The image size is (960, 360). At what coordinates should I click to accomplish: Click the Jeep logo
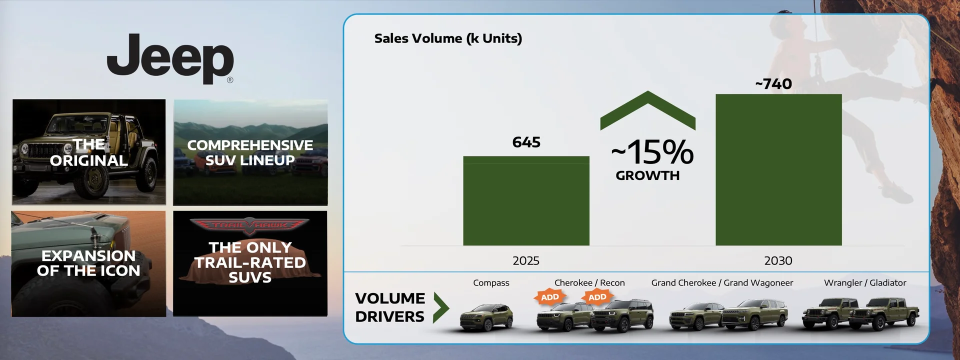(170, 58)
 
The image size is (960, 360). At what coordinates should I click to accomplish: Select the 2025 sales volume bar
(526, 201)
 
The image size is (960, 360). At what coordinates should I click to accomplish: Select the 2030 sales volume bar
(778, 170)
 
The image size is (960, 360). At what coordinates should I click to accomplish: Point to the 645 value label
(526, 142)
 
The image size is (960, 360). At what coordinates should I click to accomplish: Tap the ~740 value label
(773, 84)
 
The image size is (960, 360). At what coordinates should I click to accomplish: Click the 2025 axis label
(526, 260)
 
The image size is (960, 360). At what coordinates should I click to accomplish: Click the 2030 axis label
(778, 260)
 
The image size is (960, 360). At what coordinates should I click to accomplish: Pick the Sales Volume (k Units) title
(448, 38)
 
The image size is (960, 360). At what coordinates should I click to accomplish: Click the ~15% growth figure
(652, 152)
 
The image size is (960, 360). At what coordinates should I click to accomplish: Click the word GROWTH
(647, 175)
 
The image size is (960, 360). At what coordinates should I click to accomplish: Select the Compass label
(491, 283)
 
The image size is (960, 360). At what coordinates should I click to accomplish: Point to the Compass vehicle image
(486, 317)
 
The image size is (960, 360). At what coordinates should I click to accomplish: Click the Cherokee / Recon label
(589, 283)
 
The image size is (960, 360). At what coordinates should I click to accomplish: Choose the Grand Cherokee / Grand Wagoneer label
(722, 283)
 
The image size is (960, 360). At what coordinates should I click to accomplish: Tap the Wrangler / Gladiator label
(865, 283)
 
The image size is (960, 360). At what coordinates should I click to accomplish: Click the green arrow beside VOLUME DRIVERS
(440, 307)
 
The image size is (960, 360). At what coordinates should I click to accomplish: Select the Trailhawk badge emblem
(250, 225)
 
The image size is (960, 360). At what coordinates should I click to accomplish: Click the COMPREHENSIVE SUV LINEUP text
(250, 152)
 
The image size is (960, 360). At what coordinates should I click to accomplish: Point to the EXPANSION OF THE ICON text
(88, 263)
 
